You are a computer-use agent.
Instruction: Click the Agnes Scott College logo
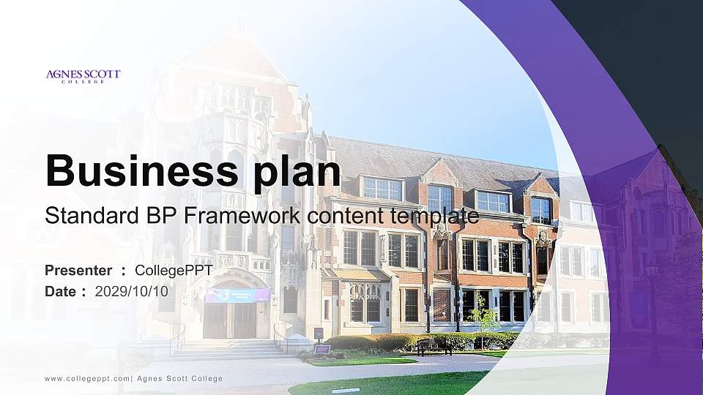pos(83,76)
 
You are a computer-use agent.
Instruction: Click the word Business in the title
pos(142,170)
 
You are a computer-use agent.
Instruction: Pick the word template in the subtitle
pos(434,217)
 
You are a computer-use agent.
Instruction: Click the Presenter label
pos(78,271)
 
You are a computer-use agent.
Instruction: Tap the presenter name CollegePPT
pos(174,271)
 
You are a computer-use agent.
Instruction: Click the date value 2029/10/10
pos(131,292)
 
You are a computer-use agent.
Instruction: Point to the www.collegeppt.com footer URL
pos(87,379)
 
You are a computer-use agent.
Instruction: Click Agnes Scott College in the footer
pos(180,379)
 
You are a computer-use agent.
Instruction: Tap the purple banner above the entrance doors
pos(237,295)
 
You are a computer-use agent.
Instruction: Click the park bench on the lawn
pos(434,346)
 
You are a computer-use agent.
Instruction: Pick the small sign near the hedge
pos(322,350)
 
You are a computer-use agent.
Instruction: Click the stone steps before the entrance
pos(229,350)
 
